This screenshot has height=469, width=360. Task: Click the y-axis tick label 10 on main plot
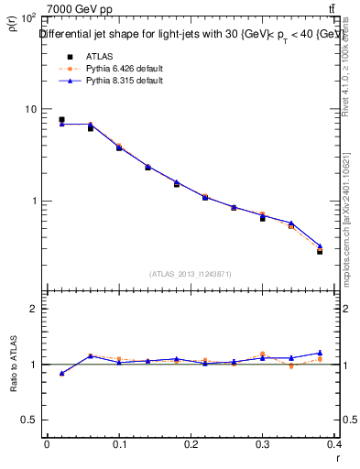click(x=30, y=109)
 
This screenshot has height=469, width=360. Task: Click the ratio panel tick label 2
click(x=33, y=310)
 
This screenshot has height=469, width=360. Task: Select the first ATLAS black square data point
click(x=61, y=120)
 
